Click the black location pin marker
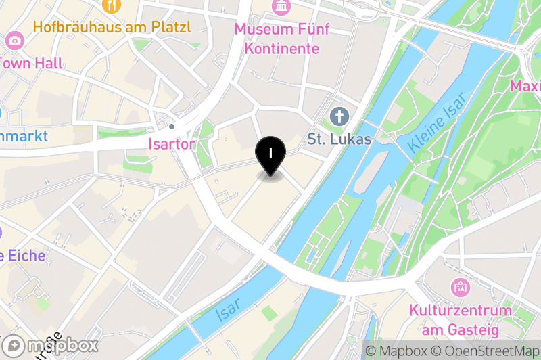click(x=270, y=154)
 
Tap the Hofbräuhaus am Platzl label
click(x=112, y=28)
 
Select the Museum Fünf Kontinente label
click(x=281, y=39)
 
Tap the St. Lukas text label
click(x=339, y=139)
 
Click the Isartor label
click(x=172, y=144)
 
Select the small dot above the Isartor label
click(x=172, y=127)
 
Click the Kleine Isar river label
click(x=438, y=122)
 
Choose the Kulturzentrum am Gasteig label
click(x=459, y=321)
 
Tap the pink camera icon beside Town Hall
click(x=13, y=41)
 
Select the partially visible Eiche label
click(x=23, y=256)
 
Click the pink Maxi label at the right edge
click(x=525, y=87)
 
